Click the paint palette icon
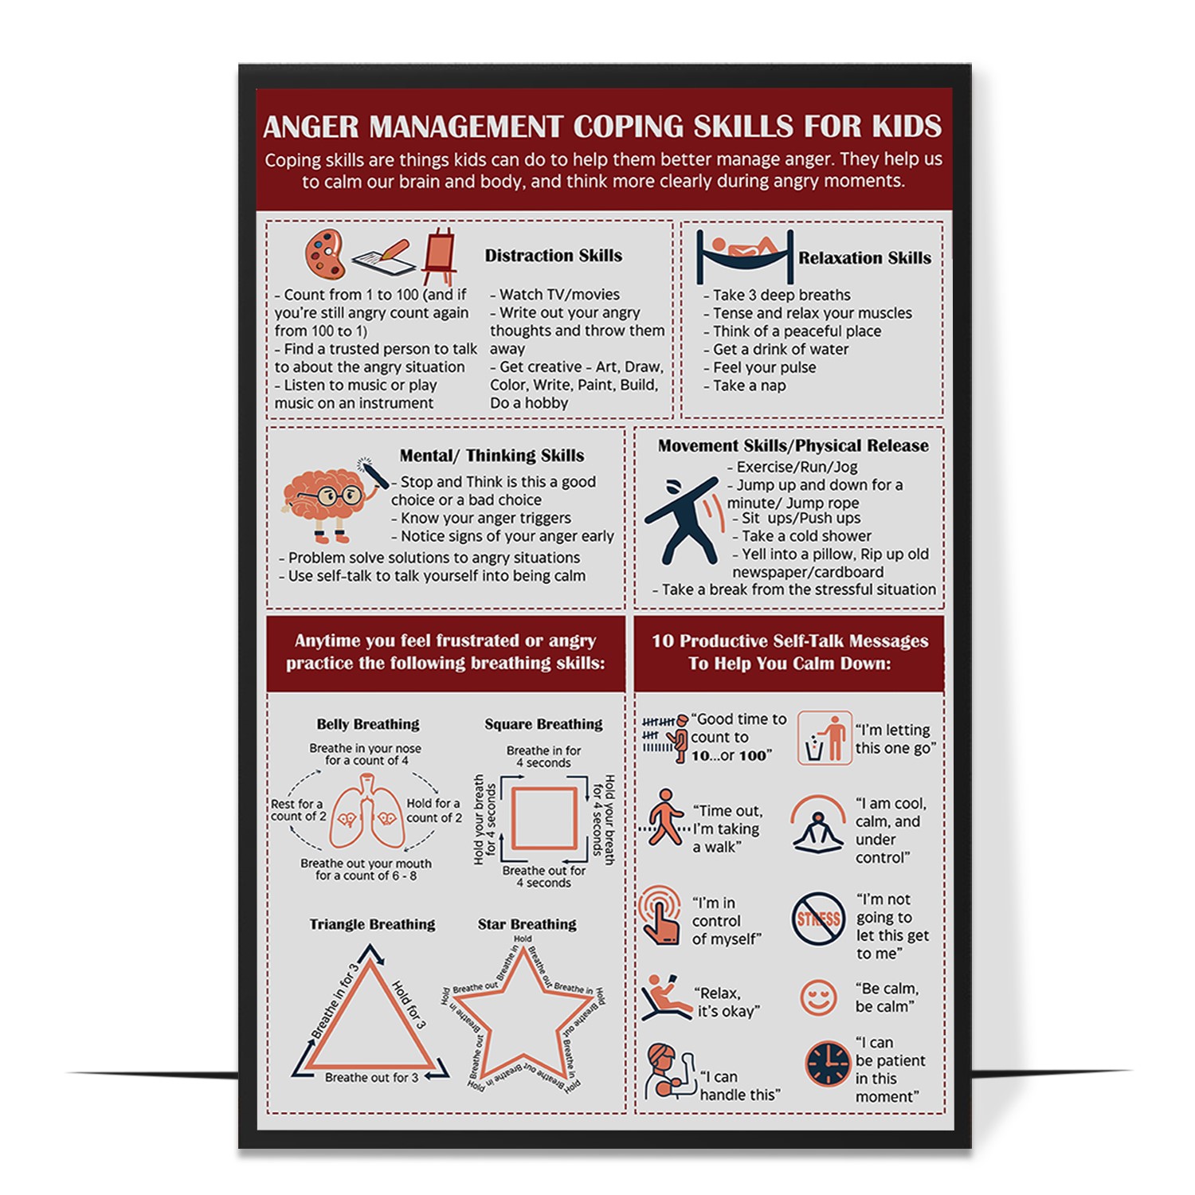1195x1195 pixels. pyautogui.click(x=324, y=253)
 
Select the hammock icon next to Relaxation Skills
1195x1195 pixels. pyautogui.click(x=745, y=255)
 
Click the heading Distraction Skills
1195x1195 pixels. pyautogui.click(x=553, y=256)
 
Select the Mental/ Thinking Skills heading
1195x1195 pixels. pyautogui.click(x=492, y=456)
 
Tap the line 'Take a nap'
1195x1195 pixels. pyautogui.click(x=749, y=386)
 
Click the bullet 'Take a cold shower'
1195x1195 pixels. pyautogui.click(x=805, y=536)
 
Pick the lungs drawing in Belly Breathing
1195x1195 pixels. pyautogui.click(x=367, y=813)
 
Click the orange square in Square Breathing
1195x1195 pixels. pyautogui.click(x=543, y=818)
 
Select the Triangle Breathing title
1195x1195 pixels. pyautogui.click(x=372, y=924)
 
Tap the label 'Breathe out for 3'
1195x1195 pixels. pyautogui.click(x=370, y=1078)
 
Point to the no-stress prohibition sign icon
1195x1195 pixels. pyautogui.click(x=818, y=919)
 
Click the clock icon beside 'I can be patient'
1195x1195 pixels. pyautogui.click(x=828, y=1064)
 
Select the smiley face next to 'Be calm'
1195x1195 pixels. pyautogui.click(x=818, y=997)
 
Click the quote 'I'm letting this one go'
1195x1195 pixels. pyautogui.click(x=895, y=739)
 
